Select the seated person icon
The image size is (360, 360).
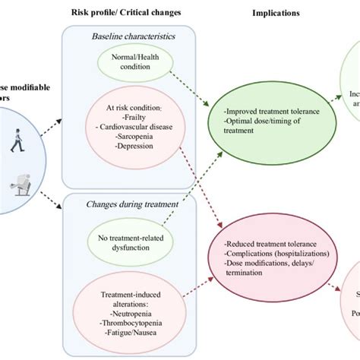pyautogui.click(x=17, y=182)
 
